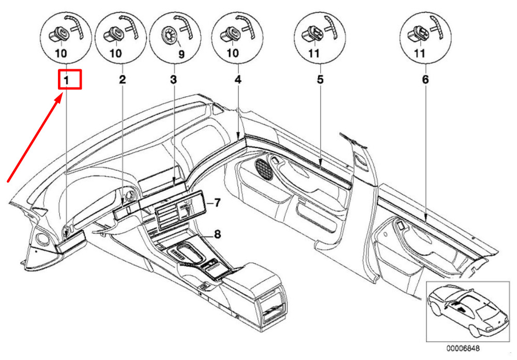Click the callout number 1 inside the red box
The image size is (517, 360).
[67, 80]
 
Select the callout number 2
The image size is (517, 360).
[123, 80]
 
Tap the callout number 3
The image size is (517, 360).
[173, 80]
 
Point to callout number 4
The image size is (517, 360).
[238, 80]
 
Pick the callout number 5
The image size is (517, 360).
[320, 80]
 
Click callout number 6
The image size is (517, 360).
[425, 80]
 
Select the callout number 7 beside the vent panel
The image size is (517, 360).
[217, 203]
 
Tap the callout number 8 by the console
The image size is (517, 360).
[217, 234]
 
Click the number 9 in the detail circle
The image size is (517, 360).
[181, 54]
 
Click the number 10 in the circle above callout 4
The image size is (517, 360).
[233, 53]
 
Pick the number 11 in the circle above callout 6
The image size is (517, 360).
[419, 53]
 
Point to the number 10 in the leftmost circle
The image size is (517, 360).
[61, 53]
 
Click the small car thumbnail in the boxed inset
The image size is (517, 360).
[467, 311]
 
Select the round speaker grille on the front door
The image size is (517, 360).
[264, 169]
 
